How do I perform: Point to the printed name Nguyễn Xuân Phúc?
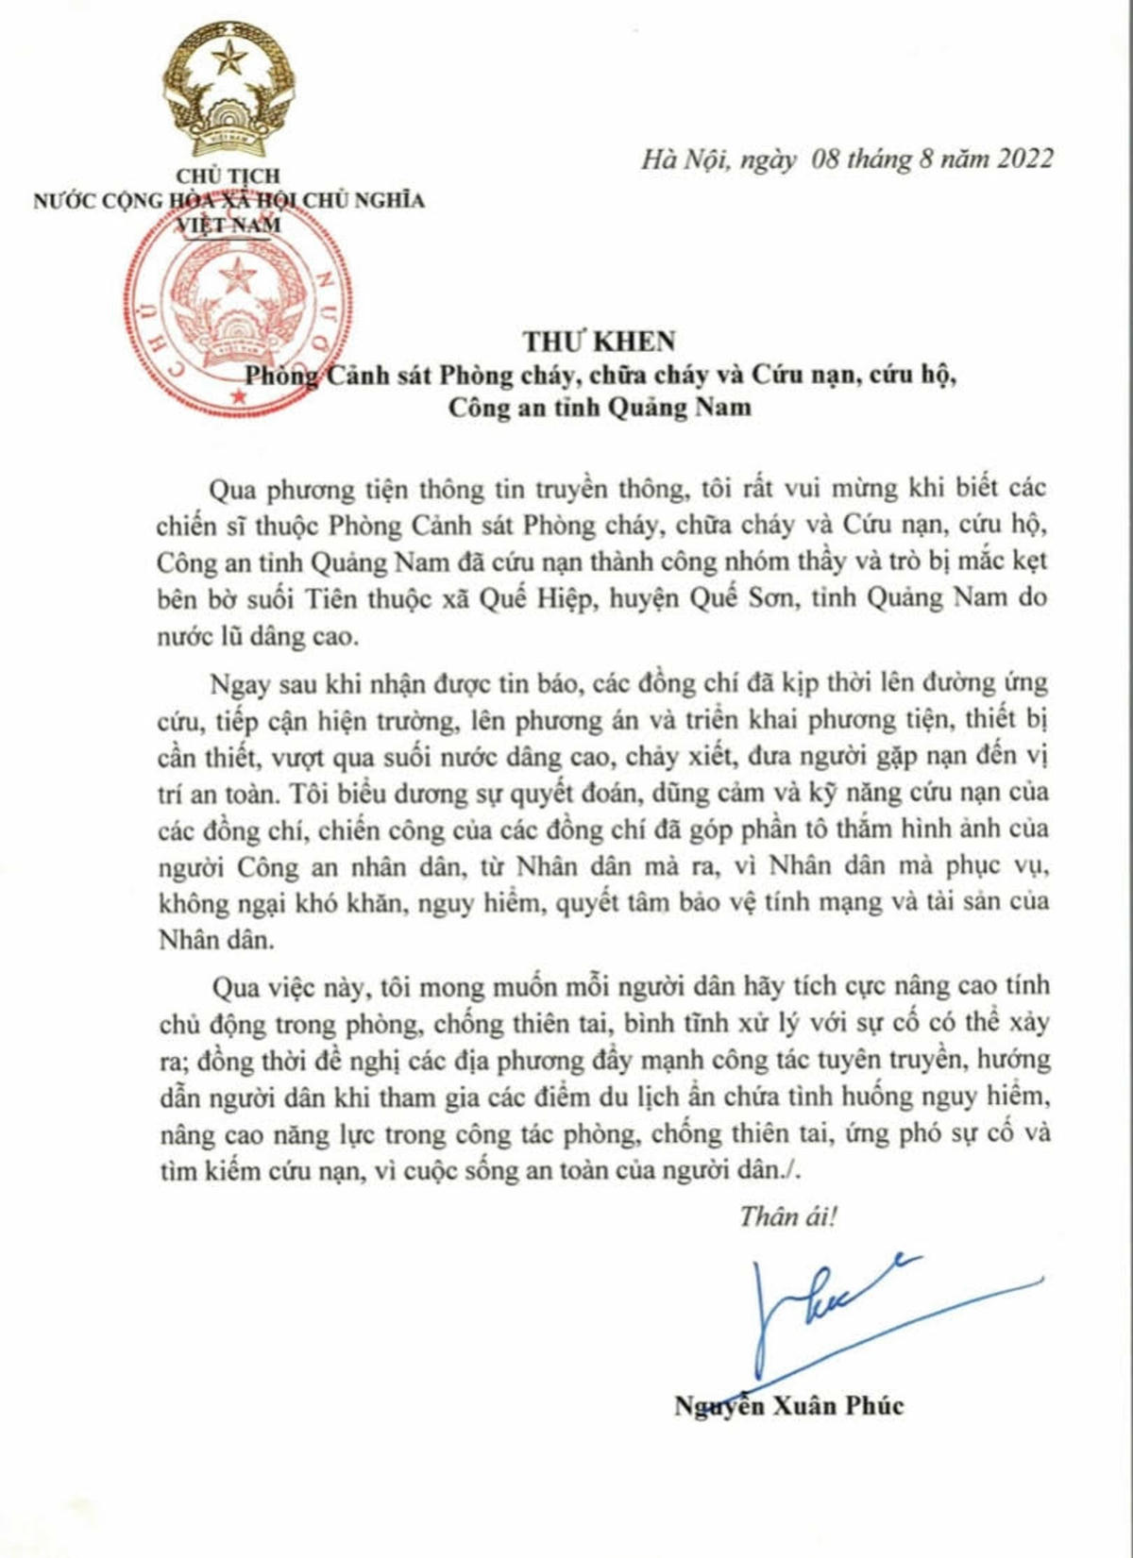click(x=788, y=1406)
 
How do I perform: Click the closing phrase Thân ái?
click(x=787, y=1216)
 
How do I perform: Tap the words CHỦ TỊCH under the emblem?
click(x=228, y=176)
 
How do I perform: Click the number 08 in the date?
click(x=824, y=159)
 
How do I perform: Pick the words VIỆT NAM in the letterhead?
click(x=228, y=225)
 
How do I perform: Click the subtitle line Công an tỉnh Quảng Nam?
click(x=600, y=408)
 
